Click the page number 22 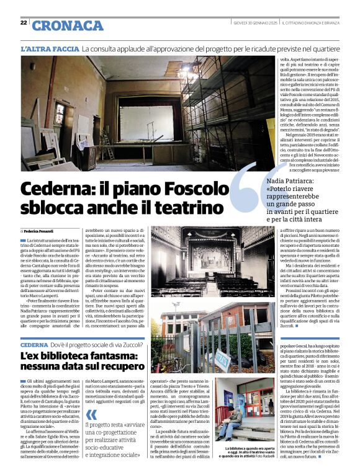coord(23,23)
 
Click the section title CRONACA coord(67,25)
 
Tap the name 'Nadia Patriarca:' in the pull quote coord(289,180)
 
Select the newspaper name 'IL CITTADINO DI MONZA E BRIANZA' coord(317,23)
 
